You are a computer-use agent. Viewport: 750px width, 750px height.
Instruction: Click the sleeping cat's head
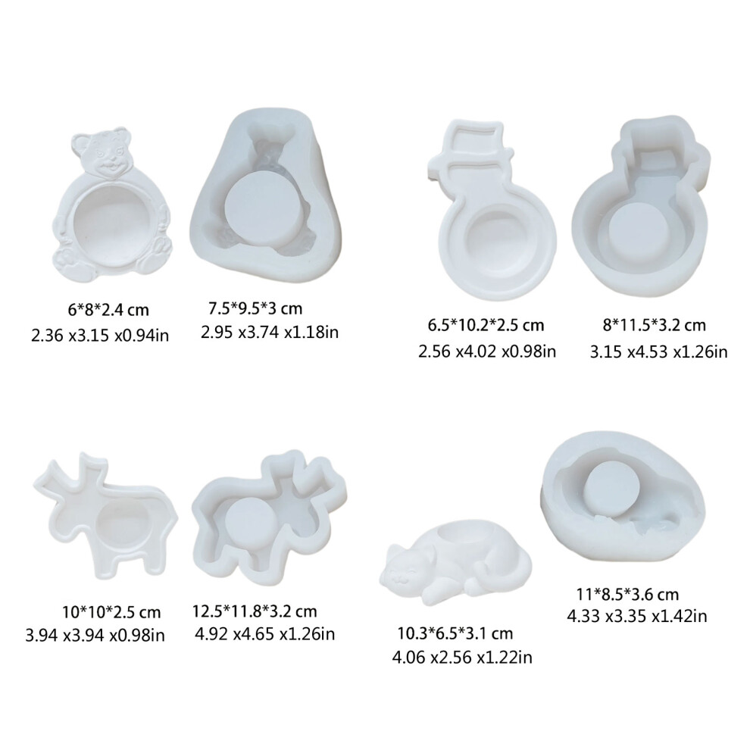coord(405,567)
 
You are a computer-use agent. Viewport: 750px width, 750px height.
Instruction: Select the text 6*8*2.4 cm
coord(108,310)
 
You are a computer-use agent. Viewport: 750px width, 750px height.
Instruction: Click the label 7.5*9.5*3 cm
coord(255,308)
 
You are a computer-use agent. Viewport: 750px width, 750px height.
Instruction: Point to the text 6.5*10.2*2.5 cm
coord(486,325)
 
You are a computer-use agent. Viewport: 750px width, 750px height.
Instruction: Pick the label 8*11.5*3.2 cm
coord(654,325)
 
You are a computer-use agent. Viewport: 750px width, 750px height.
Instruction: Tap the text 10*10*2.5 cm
coord(111,612)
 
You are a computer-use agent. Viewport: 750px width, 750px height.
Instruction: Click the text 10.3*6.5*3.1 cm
coord(455,633)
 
